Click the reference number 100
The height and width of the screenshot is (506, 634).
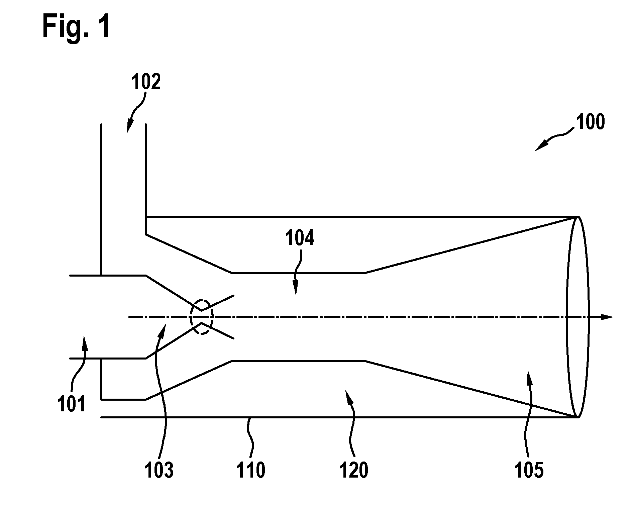point(591,122)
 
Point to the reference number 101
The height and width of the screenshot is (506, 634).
point(71,404)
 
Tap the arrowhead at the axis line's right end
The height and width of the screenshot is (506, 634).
point(607,317)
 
